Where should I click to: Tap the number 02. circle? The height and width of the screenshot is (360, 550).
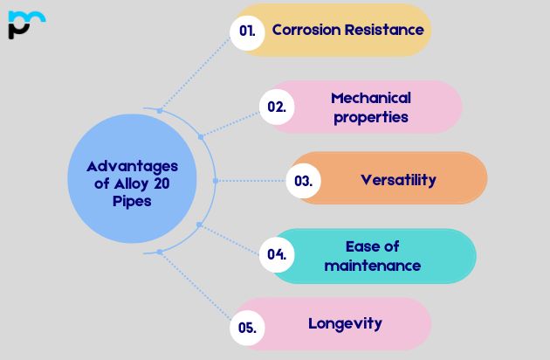click(277, 107)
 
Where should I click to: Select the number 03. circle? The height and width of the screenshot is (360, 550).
click(304, 181)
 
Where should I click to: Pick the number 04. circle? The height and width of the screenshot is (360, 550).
click(277, 254)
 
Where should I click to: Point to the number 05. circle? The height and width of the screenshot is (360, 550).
click(247, 328)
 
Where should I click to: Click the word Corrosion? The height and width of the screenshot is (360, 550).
click(306, 30)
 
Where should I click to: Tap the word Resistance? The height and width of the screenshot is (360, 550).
click(384, 30)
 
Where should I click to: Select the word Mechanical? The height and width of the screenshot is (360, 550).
click(371, 98)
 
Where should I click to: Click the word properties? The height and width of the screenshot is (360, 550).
click(371, 118)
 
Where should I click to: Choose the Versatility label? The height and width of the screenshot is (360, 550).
click(398, 180)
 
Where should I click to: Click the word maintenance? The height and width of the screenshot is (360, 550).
click(373, 266)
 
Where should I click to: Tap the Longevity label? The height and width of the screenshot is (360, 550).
click(345, 324)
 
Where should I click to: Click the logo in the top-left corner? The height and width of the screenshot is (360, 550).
click(27, 24)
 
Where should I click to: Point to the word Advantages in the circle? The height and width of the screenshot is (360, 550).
click(132, 167)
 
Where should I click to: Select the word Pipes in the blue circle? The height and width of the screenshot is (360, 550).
click(132, 202)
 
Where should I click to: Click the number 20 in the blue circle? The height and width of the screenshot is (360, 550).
click(162, 183)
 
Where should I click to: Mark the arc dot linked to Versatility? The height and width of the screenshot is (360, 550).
click(216, 181)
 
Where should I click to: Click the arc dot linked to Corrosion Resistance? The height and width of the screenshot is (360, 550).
click(160, 111)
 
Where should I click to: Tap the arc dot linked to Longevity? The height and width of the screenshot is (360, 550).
click(160, 252)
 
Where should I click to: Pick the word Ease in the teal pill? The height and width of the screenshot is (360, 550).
click(359, 246)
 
